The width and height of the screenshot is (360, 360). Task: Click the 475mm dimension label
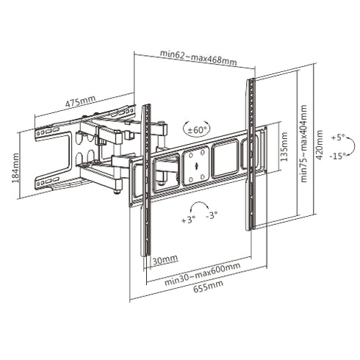click(x=79, y=103)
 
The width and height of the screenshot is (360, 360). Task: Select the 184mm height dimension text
click(x=16, y=169)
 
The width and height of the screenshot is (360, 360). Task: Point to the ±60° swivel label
click(x=198, y=129)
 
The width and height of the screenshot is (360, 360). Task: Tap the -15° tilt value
click(x=338, y=155)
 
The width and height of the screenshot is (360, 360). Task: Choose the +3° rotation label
click(x=188, y=220)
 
